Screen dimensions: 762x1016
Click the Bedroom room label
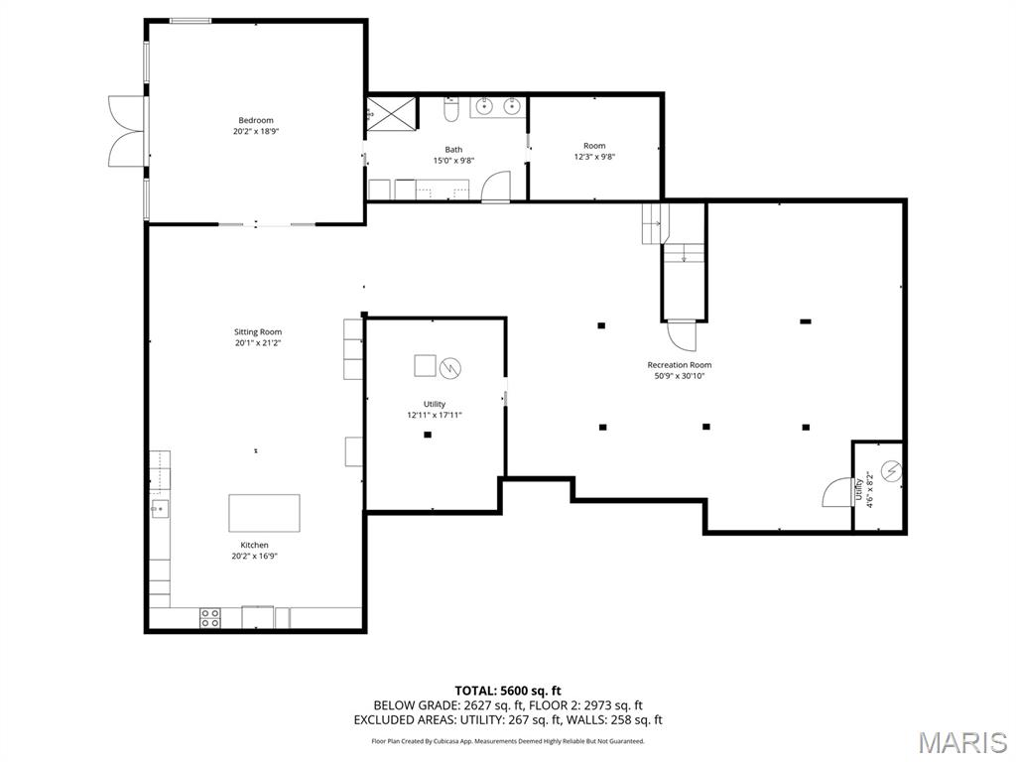point(255,120)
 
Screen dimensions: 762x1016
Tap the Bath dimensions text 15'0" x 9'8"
point(453,161)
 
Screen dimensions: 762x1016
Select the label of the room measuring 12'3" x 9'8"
point(594,146)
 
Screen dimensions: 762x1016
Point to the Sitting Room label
point(258,332)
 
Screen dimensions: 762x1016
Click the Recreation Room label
point(680,365)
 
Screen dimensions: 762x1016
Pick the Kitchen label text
point(254,545)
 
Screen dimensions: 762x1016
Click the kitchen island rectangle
point(264,513)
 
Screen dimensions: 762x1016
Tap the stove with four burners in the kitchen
point(210,617)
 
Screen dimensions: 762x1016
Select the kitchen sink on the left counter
point(158,508)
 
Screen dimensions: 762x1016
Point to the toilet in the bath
point(450,110)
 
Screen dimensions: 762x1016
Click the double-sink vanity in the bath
point(498,106)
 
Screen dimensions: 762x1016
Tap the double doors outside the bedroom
point(127,129)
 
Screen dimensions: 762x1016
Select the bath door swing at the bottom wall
point(496,188)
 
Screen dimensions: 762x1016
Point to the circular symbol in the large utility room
point(450,367)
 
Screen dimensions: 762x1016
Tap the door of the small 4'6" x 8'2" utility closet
point(837,493)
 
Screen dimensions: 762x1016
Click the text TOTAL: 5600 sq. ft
point(508,691)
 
